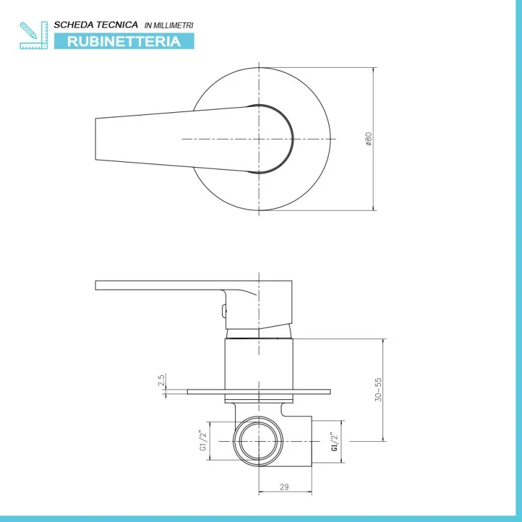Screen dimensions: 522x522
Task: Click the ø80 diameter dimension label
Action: (368, 139)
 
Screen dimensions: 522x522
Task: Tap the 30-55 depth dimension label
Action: (378, 390)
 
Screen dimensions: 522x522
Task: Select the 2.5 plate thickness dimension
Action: (161, 380)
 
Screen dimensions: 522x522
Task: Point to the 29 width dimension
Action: (284, 487)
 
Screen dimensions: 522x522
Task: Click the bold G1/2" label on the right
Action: (335, 442)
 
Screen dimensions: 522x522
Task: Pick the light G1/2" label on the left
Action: (203, 441)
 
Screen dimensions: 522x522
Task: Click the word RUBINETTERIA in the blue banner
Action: (124, 41)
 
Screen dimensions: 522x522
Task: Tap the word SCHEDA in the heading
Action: (69, 25)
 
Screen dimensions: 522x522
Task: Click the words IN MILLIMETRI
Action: (169, 25)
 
